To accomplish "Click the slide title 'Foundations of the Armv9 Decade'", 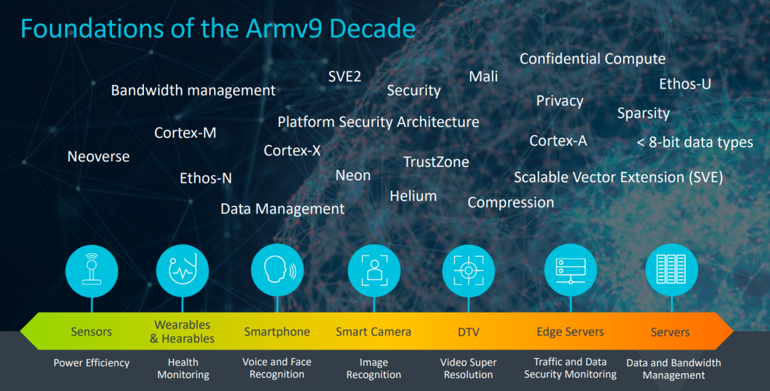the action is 217,29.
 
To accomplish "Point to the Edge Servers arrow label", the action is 570,332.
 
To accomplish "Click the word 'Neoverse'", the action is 98,156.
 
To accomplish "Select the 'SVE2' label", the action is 344,76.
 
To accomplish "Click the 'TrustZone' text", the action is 436,162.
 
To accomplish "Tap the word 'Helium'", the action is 413,195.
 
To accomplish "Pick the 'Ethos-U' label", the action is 684,84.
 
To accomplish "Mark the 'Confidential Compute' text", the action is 592,59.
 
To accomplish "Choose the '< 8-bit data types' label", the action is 694,142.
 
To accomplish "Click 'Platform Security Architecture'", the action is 378,122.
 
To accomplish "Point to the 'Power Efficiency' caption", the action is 91,362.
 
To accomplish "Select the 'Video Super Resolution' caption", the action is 468,368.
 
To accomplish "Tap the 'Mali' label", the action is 483,76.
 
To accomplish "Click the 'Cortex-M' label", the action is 185,133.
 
